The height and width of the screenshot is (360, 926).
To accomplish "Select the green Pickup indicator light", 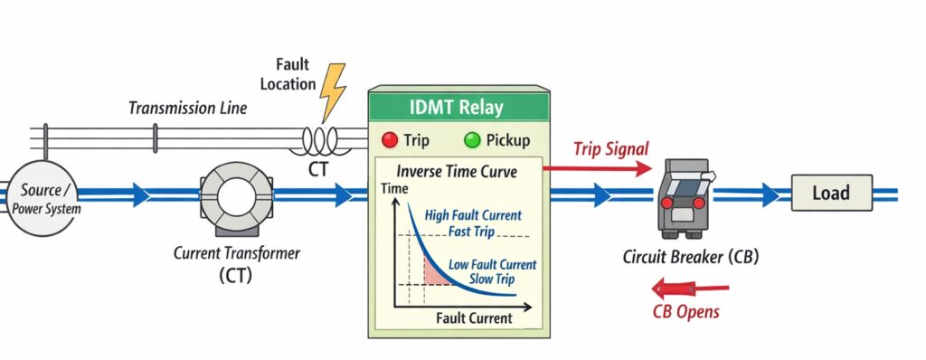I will coord(471,140).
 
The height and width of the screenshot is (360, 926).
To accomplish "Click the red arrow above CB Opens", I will coord(691,289).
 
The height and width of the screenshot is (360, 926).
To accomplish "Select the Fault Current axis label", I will coord(474,317).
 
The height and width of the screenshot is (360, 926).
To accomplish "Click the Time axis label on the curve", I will coord(394,189).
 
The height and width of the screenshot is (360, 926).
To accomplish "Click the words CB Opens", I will coord(687,312).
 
